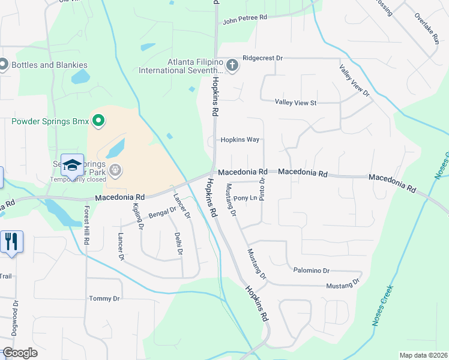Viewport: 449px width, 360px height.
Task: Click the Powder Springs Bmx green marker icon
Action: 97,122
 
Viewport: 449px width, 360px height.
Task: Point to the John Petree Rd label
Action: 244,19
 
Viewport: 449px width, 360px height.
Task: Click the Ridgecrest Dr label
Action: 262,58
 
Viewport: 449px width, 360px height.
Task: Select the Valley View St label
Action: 295,103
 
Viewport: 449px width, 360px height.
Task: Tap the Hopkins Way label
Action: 240,140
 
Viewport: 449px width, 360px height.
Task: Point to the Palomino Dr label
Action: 312,271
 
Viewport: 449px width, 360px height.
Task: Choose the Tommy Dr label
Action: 104,299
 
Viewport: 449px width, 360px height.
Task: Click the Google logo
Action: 20,353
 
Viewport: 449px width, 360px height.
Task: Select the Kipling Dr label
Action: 137,217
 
